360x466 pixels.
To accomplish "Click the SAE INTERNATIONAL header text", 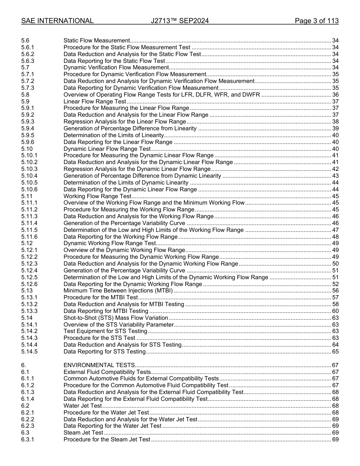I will [x=57, y=21].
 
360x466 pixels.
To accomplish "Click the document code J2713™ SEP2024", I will [x=180, y=21].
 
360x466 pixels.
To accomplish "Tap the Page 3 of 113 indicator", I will [x=316, y=21].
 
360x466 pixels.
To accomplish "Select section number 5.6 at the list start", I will [x=25, y=41].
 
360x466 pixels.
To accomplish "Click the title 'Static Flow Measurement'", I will [x=97, y=41].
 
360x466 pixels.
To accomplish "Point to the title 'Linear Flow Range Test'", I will [x=95, y=102].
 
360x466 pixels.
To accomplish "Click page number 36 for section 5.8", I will [x=335, y=95].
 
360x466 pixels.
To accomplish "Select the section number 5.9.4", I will [x=28, y=128].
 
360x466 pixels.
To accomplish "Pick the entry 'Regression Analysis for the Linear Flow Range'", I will [x=125, y=122].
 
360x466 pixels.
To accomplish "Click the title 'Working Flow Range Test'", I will [x=97, y=196].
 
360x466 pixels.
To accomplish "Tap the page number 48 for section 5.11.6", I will [x=335, y=237].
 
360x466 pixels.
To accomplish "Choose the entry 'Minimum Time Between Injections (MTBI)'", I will [x=118, y=291].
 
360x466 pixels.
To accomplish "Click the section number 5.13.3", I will [x=30, y=311].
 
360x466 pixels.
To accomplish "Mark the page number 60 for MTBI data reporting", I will [x=335, y=311].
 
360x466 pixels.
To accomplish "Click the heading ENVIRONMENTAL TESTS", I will [x=99, y=365].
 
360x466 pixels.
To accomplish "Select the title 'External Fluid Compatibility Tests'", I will [x=107, y=372].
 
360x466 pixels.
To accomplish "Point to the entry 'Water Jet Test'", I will [x=83, y=406].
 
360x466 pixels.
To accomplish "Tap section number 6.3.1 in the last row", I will [x=28, y=439].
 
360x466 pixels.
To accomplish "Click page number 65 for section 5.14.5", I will [x=335, y=352].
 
